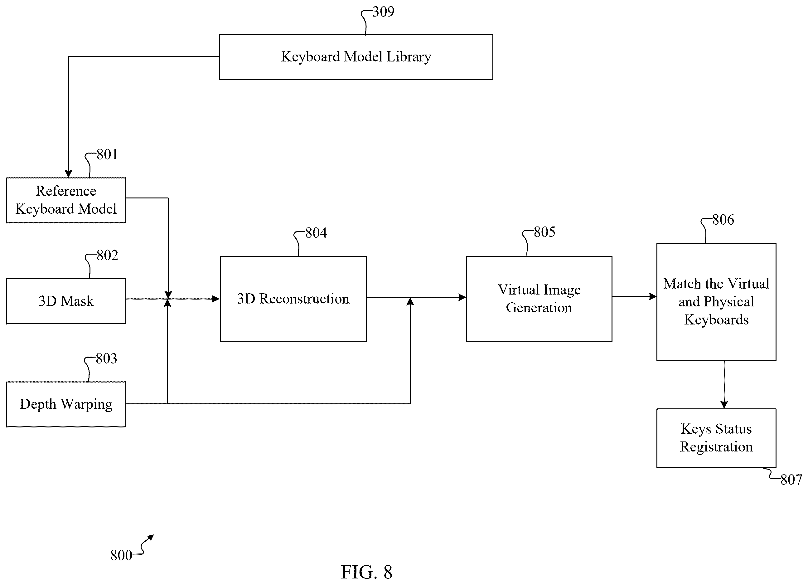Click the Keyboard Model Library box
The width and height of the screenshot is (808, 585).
coord(356,57)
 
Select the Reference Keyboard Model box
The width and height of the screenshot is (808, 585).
coord(66,200)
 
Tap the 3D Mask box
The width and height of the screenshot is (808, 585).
coord(66,301)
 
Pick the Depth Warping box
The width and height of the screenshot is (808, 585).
coord(66,404)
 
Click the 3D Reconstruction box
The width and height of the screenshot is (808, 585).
coord(293,299)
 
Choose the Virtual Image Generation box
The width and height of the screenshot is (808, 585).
coord(539,299)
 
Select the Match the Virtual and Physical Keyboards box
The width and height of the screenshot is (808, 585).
coord(716,302)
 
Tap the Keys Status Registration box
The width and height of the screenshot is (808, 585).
coord(716,438)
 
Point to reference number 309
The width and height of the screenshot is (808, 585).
coord(383,12)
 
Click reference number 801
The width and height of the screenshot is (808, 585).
coord(107,154)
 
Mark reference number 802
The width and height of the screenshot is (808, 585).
coord(107,255)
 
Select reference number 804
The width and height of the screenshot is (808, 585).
coord(316,233)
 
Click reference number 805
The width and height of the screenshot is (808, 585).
coord(544,232)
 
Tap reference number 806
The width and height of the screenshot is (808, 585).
coord(723,220)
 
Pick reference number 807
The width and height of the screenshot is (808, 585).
coord(791,480)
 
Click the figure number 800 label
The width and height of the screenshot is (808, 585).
coord(121,555)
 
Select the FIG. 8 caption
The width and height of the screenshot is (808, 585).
coord(367,572)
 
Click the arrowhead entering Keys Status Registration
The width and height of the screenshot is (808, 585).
coord(724,405)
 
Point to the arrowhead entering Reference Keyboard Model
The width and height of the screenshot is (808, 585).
coord(68,173)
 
